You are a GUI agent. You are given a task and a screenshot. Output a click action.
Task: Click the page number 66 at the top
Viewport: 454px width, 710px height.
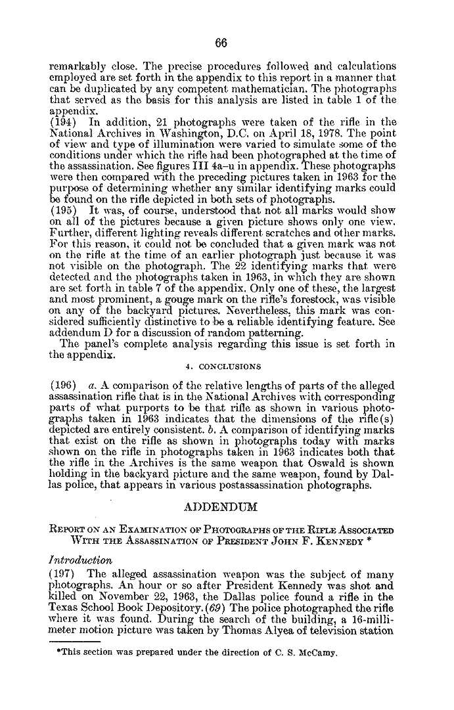tap(221, 43)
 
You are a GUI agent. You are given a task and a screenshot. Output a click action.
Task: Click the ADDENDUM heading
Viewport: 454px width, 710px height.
tap(221, 507)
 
